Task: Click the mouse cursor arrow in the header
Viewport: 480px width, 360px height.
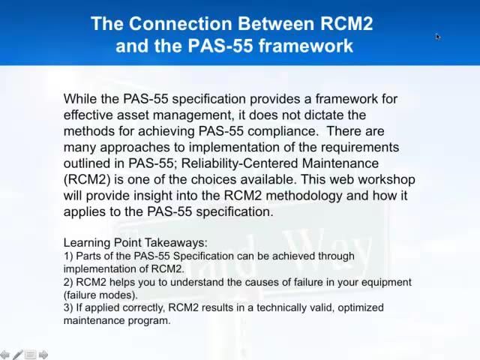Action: (438, 36)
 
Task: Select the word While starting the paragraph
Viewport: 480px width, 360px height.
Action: (80, 99)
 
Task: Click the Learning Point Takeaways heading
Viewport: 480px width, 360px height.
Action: (135, 243)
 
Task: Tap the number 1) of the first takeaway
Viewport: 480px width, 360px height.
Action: (68, 256)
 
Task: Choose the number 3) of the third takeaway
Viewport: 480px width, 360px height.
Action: (68, 307)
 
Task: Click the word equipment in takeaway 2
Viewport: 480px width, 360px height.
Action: (385, 282)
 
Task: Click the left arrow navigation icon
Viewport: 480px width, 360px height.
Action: (5, 355)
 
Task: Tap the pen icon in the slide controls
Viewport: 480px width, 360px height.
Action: (17, 355)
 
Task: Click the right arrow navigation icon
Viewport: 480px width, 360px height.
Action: (43, 355)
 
